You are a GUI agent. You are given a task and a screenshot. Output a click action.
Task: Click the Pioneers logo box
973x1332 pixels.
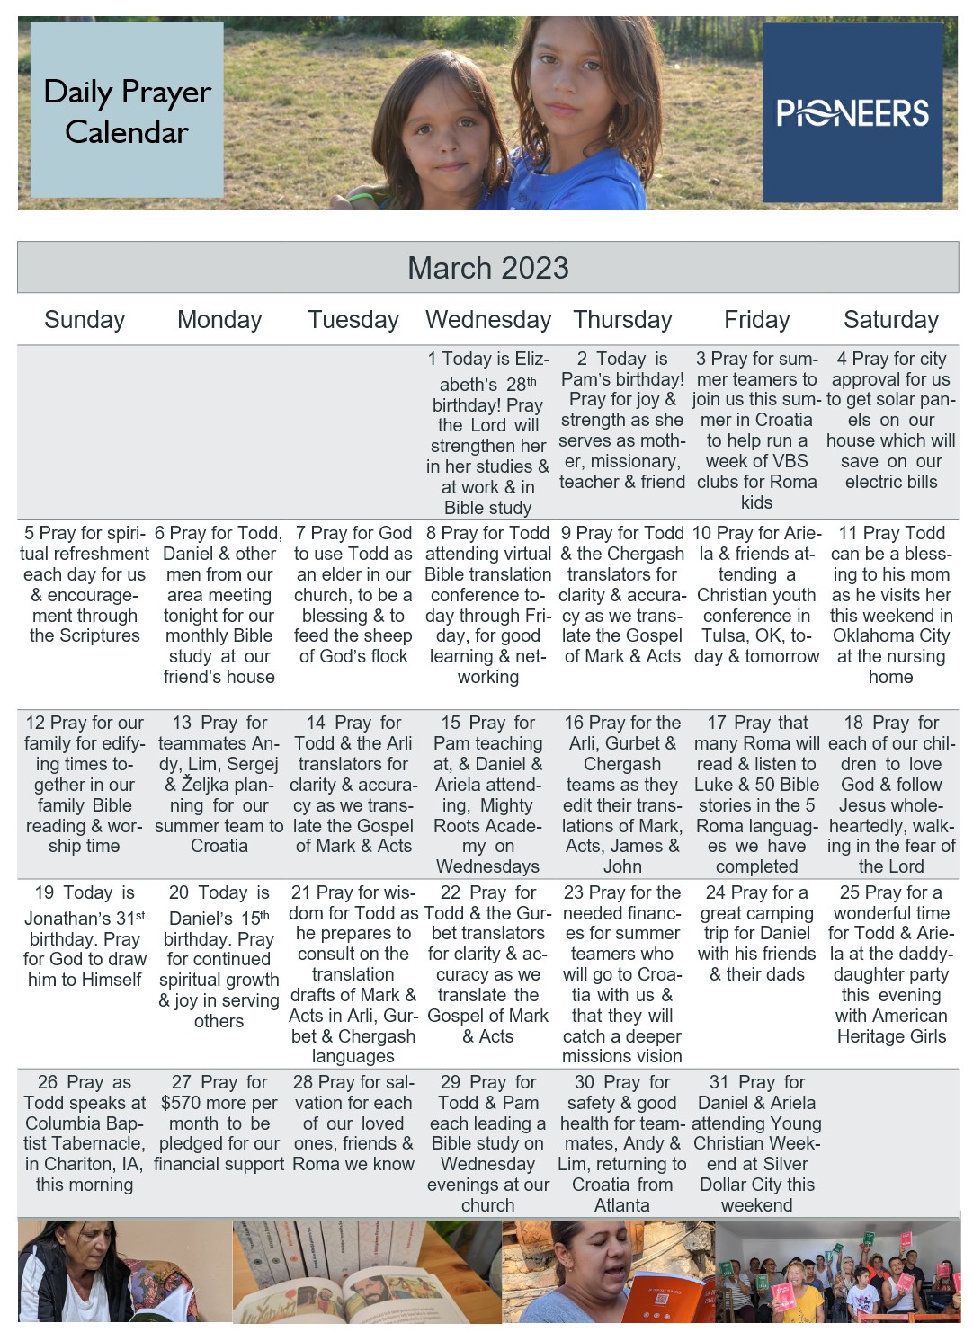(x=852, y=112)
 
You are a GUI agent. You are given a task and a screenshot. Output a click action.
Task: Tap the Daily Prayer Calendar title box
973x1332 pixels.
(x=127, y=111)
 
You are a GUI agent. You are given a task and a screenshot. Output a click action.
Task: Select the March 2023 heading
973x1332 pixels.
(x=487, y=268)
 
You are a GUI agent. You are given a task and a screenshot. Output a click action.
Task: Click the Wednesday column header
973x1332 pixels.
(x=488, y=320)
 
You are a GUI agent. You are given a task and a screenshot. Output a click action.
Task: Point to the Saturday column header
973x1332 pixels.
(x=890, y=320)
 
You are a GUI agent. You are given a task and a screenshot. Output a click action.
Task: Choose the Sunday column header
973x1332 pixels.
(x=85, y=320)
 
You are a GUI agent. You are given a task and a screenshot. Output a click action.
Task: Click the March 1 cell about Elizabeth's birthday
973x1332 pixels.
(x=488, y=432)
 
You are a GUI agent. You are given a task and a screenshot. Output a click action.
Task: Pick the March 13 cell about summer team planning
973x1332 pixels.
(x=219, y=784)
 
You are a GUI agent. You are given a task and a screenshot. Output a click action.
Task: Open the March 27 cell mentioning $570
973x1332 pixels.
(x=219, y=1123)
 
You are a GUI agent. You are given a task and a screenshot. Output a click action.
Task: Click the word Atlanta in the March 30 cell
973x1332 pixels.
(x=621, y=1205)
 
